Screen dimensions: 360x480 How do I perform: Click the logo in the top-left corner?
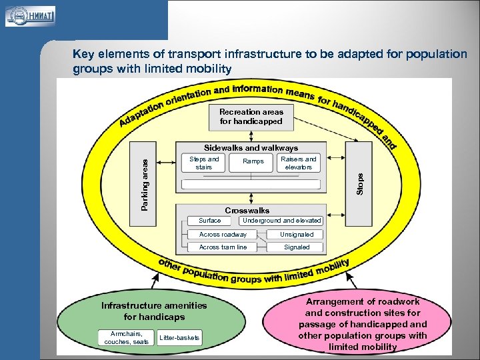pos(31,16)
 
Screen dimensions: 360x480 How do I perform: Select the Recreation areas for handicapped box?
pos(251,117)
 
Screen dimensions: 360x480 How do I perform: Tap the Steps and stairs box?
pos(203,163)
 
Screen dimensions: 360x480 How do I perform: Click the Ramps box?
pos(253,161)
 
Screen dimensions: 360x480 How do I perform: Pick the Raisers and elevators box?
pos(298,163)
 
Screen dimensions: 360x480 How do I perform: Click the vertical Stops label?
pos(360,184)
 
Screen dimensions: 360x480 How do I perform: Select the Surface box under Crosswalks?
pos(210,221)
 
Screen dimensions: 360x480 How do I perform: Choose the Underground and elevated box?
pos(281,221)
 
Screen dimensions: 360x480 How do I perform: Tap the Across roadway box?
pos(223,235)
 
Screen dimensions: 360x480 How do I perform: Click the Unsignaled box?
pos(297,235)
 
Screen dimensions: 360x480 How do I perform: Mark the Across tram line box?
pos(223,247)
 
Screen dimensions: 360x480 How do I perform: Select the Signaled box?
pos(297,247)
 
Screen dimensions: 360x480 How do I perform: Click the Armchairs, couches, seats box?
pos(126,338)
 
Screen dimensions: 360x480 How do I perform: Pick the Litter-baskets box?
pos(179,338)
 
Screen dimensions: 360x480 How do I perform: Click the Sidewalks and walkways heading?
pos(251,148)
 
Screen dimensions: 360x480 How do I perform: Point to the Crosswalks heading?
pos(247,211)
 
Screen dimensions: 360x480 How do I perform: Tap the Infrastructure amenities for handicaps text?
pos(154,311)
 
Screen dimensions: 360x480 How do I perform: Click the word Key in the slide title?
pos(83,54)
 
